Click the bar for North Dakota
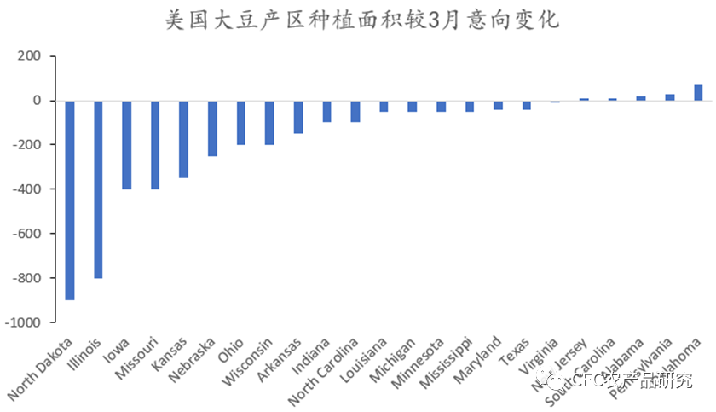click(x=70, y=200)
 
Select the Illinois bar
click(x=98, y=189)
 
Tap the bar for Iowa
click(x=127, y=144)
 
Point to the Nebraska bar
click(x=213, y=128)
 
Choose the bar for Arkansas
click(x=298, y=117)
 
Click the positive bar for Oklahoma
click(x=698, y=92)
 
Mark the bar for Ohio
click(x=241, y=122)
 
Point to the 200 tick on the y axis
click(x=29, y=56)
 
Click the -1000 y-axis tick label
click(x=23, y=322)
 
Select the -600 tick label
click(x=26, y=234)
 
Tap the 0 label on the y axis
click(x=37, y=101)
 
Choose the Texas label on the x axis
click(x=516, y=350)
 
